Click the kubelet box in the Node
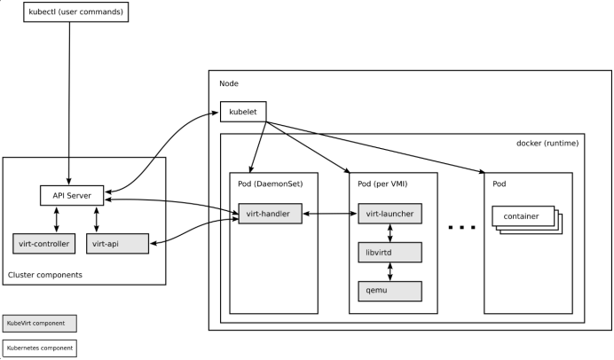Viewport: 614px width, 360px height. pyautogui.click(x=244, y=112)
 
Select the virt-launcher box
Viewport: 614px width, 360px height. pyautogui.click(x=389, y=214)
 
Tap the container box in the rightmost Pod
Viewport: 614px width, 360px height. pyautogui.click(x=523, y=215)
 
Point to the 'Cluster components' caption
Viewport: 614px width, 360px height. pyautogui.click(x=45, y=275)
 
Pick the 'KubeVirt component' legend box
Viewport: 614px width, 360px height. pyautogui.click(x=39, y=323)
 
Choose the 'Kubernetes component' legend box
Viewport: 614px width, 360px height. pyautogui.click(x=39, y=348)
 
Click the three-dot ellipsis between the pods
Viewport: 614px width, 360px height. pyautogui.click(x=461, y=228)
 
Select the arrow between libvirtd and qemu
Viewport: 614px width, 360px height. pyautogui.click(x=389, y=270)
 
